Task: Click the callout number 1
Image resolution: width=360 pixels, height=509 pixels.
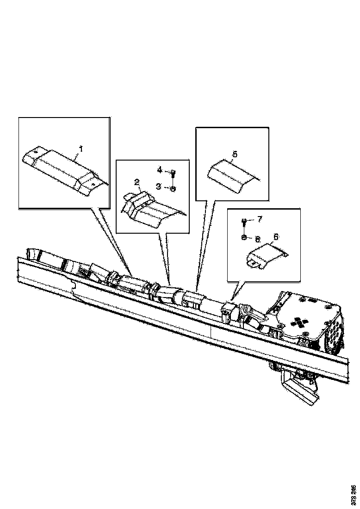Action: tap(81, 149)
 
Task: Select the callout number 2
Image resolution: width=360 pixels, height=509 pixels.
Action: tap(137, 182)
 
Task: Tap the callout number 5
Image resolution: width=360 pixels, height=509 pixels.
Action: tap(235, 154)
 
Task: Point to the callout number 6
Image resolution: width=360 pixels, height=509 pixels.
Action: tap(276, 236)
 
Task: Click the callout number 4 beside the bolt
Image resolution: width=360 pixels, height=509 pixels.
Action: tap(160, 170)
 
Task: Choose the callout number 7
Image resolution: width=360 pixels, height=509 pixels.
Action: tap(259, 218)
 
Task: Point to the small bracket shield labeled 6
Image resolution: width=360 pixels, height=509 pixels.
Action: tap(264, 256)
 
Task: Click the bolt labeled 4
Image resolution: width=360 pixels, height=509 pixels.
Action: tap(173, 174)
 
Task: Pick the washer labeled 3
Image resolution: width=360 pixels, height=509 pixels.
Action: tap(173, 188)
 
